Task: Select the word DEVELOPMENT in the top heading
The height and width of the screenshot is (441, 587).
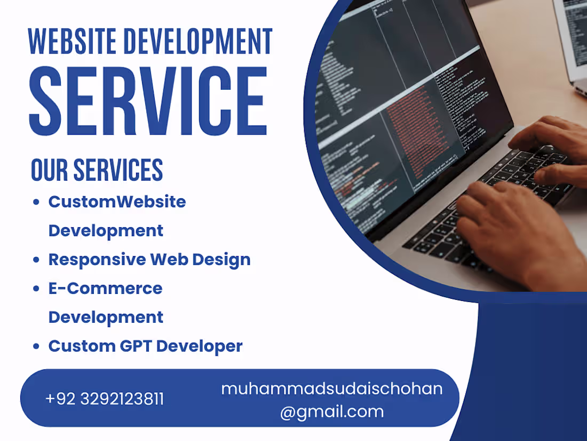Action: tap(198, 42)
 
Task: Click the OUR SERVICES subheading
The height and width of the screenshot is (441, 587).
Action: tap(97, 170)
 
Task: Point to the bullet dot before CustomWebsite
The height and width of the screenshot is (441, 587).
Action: tap(36, 202)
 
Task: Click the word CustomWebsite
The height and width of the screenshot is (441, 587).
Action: tap(117, 202)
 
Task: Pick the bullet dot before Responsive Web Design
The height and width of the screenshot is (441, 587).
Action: tap(36, 260)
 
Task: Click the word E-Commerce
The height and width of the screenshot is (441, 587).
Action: tap(105, 289)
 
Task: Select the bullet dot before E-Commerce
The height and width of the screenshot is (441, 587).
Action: tap(36, 289)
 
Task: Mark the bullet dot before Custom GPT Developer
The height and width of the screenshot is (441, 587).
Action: tap(36, 346)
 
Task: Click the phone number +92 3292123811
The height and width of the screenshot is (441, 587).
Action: tap(105, 399)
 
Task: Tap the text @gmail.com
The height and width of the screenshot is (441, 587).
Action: tap(331, 412)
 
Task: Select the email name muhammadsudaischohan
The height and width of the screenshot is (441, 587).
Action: tap(331, 389)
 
